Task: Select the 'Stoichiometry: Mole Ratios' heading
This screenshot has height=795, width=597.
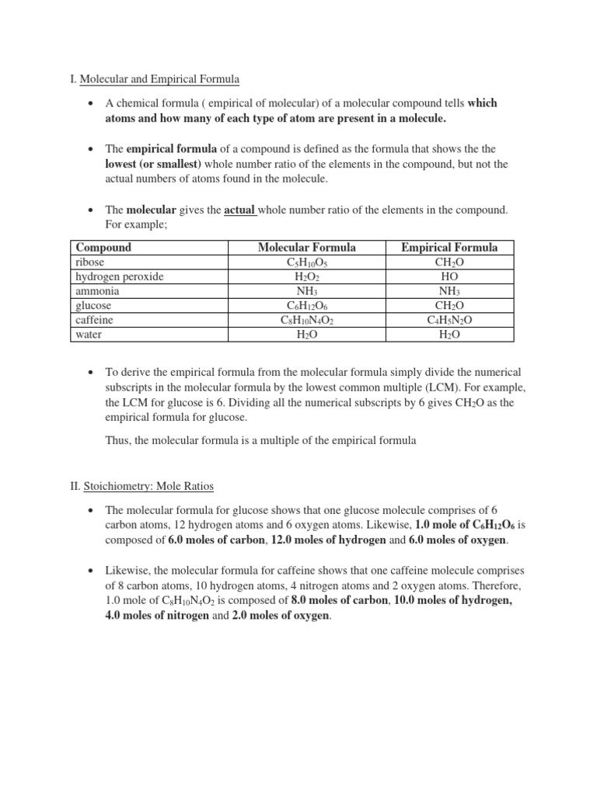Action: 147,486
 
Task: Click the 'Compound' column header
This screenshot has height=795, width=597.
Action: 103,248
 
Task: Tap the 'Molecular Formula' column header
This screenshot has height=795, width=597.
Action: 306,248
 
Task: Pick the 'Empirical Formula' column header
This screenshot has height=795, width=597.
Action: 449,248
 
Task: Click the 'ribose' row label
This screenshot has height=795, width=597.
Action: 89,262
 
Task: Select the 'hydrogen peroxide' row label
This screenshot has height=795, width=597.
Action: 119,276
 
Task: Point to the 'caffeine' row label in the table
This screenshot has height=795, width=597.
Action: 94,320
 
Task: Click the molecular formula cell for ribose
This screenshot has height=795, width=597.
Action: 307,263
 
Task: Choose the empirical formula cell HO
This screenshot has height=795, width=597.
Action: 449,277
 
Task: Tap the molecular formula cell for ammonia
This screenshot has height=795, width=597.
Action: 307,291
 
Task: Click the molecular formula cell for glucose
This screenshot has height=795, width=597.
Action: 307,306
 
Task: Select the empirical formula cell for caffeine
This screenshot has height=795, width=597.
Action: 449,321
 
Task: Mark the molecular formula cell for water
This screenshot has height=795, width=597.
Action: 307,335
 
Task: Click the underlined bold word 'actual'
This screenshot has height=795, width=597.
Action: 240,210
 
